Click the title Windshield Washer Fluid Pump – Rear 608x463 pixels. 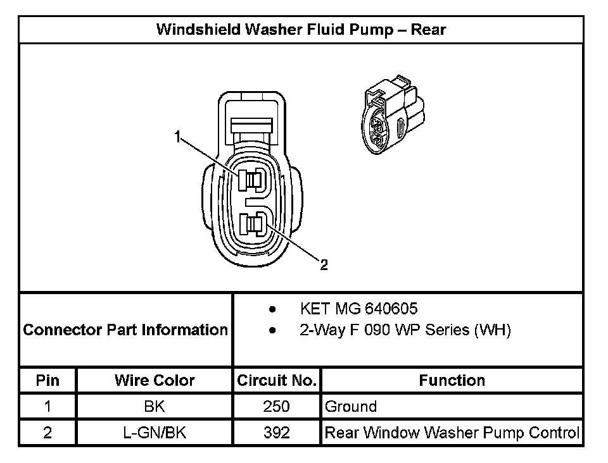click(301, 29)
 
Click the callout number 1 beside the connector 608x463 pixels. click(179, 135)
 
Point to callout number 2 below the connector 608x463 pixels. click(324, 265)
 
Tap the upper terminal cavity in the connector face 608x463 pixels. click(251, 180)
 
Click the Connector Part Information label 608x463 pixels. click(125, 330)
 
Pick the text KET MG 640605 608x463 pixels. click(358, 309)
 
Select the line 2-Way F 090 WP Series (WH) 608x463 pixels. click(405, 330)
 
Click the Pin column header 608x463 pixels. click(48, 380)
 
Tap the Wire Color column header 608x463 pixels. click(155, 380)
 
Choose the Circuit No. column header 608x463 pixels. click(276, 380)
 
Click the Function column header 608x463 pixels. click(452, 380)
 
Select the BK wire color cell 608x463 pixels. click(155, 407)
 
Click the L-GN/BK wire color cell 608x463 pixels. click(155, 433)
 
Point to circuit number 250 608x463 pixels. click(276, 407)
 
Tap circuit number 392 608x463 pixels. click(276, 433)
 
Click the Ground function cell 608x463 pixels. click(351, 407)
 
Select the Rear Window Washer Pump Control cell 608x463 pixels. click(452, 433)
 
